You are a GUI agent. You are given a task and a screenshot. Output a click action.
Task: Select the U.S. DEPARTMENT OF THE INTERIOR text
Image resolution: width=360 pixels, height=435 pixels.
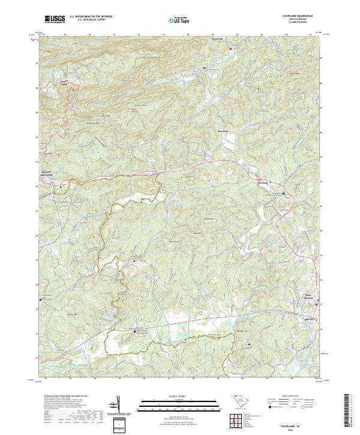[91, 16]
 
